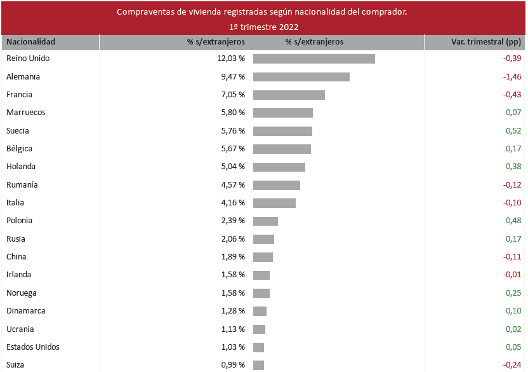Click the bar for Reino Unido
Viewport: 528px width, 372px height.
click(x=313, y=59)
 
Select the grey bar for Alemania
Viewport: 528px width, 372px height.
click(x=301, y=77)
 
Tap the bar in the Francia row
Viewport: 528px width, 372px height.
click(x=289, y=95)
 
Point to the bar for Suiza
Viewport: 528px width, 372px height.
click(x=258, y=365)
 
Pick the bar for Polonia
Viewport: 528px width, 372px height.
click(x=265, y=221)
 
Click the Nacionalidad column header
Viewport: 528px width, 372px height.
click(x=30, y=42)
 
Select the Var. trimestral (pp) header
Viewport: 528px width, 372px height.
click(x=485, y=42)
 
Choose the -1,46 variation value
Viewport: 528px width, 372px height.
click(x=511, y=77)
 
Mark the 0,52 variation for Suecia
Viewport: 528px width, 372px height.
click(x=513, y=131)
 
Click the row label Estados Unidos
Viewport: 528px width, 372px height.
click(x=33, y=347)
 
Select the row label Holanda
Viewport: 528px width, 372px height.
click(x=21, y=167)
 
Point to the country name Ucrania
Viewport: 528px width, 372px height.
click(x=20, y=329)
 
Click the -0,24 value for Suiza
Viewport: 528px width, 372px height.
click(x=511, y=365)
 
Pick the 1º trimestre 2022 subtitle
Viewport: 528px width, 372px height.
click(x=264, y=27)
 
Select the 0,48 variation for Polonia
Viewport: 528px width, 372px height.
click(x=513, y=221)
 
